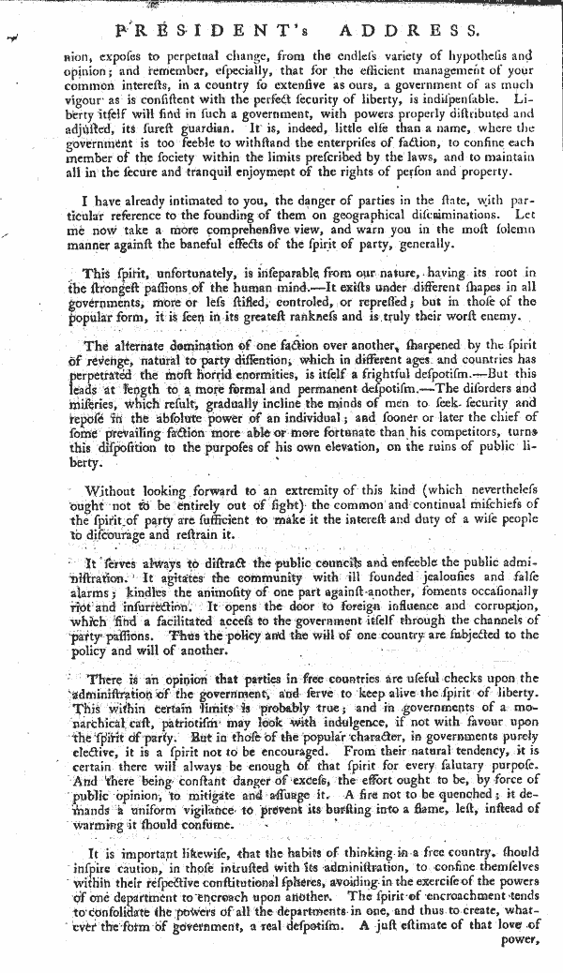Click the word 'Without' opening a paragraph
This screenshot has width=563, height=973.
pyautogui.click(x=111, y=491)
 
